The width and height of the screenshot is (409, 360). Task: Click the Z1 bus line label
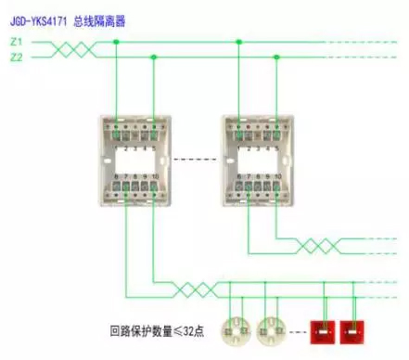tap(15, 42)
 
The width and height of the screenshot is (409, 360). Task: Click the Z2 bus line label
tap(15, 58)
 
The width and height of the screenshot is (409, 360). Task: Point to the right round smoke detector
tap(271, 329)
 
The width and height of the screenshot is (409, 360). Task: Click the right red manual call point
tap(353, 330)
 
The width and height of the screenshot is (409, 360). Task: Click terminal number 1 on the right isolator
tap(238, 148)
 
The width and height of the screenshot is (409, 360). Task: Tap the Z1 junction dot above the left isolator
tap(115, 42)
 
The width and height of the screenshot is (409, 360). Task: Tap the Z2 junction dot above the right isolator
tap(276, 58)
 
